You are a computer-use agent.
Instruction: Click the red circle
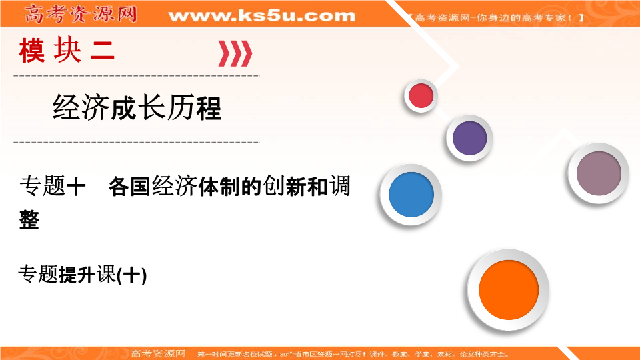(x=421, y=97)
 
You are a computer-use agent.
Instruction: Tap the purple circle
(x=470, y=137)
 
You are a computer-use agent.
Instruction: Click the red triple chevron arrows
(x=235, y=53)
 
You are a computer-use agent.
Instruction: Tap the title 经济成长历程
(x=137, y=107)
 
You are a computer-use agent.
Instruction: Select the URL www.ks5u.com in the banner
(x=262, y=15)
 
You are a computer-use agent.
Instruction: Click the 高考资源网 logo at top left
(x=80, y=13)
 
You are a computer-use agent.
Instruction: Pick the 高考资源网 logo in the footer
(x=158, y=353)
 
